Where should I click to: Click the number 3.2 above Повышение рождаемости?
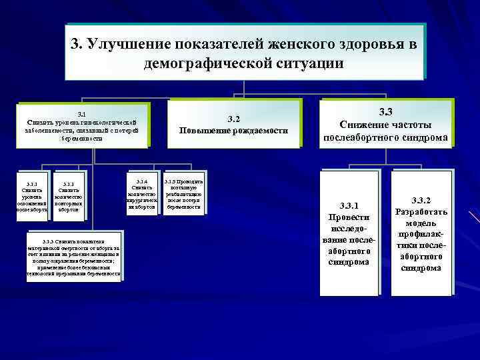(x=233, y=119)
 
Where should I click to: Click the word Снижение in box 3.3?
(x=364, y=125)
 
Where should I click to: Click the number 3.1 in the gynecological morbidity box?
(x=82, y=114)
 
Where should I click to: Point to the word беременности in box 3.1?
(x=81, y=139)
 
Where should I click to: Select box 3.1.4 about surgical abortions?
(x=141, y=195)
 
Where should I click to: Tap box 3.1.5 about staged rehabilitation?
(x=183, y=194)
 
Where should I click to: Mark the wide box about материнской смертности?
(x=74, y=257)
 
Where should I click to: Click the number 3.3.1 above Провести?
(x=348, y=204)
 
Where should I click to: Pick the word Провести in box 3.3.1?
(x=348, y=217)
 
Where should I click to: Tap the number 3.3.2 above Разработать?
(x=421, y=200)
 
